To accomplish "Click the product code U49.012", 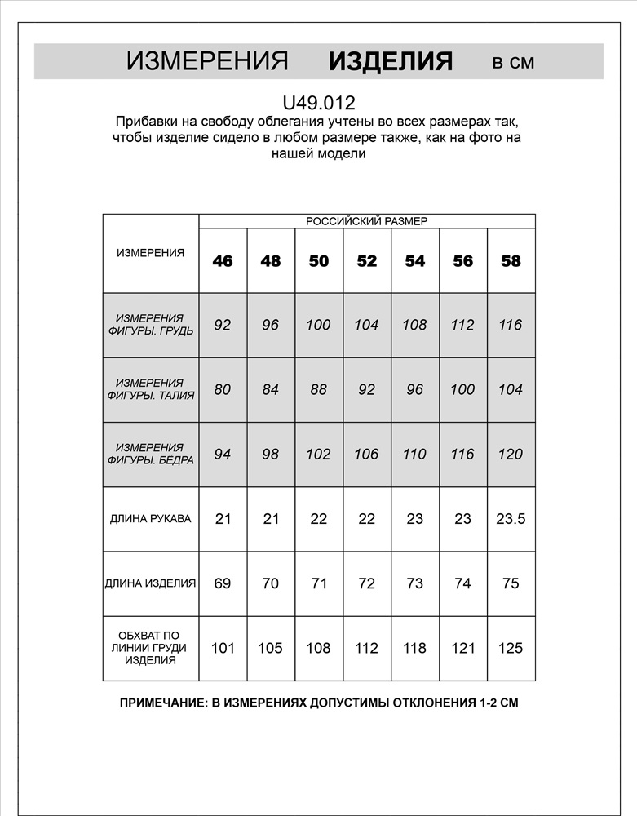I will (318, 104).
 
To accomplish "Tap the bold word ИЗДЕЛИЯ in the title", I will (390, 61).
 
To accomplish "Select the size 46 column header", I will (223, 261).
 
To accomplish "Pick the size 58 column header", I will (511, 261).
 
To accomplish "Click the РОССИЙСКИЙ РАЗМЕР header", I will (367, 221).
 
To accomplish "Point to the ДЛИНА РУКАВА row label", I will (151, 519).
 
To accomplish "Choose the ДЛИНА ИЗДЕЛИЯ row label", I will (151, 583).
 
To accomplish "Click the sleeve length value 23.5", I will (511, 519).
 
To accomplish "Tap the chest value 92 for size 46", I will (223, 325).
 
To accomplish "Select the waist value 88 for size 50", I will (318, 389).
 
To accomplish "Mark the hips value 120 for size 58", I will (511, 454).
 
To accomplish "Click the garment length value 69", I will (223, 583).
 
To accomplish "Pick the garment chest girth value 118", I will (415, 648).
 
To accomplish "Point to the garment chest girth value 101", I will (223, 648).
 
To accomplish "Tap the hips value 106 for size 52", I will (367, 454).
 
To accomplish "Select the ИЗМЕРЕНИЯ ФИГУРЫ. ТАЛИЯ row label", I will (151, 389).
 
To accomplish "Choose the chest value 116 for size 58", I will (511, 325).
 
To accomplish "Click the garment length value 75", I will (511, 583).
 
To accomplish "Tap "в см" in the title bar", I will (513, 63).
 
